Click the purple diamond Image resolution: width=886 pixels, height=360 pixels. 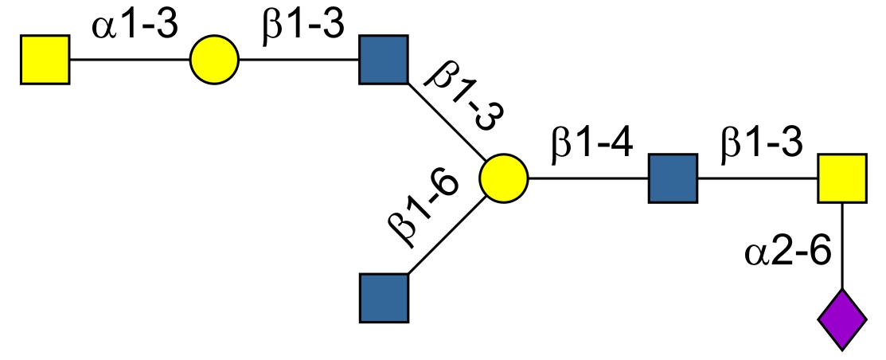[842, 321]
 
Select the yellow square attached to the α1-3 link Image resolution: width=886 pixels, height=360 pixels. [45, 60]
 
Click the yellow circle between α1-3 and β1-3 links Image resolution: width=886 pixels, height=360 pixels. [214, 60]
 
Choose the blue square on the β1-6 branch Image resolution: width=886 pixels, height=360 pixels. [384, 298]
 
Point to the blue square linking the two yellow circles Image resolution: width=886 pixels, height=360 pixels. [384, 60]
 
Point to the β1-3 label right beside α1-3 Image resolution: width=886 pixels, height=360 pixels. [302, 25]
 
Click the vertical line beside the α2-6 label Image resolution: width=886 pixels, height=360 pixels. [842, 247]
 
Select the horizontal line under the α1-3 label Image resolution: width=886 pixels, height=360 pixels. [129, 60]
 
